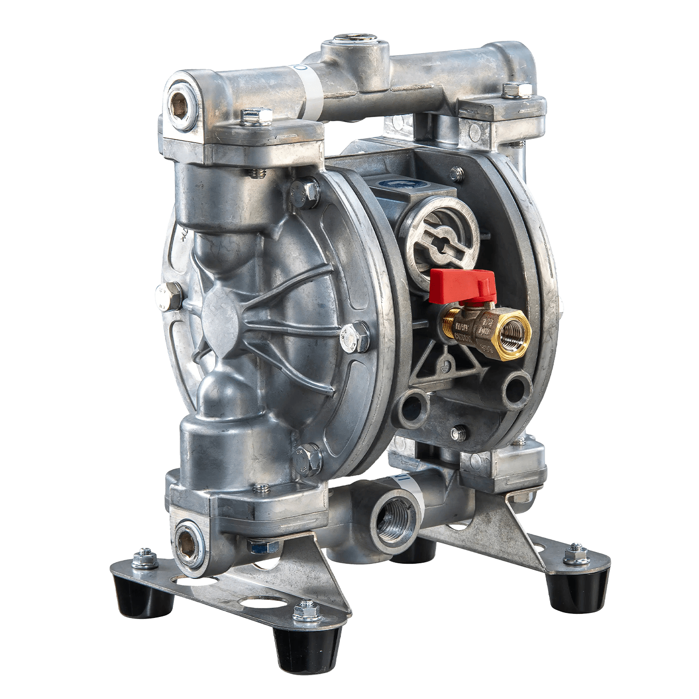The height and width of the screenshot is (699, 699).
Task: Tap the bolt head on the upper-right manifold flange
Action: (508, 91)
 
